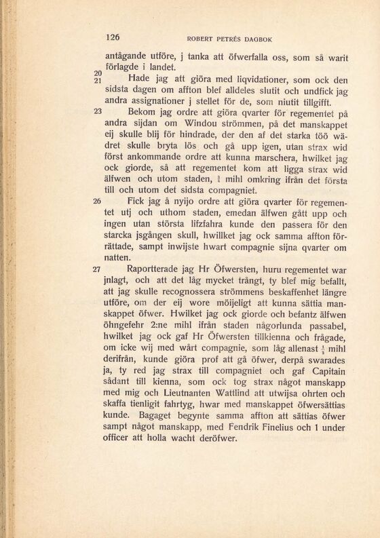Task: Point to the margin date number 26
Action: pos(96,201)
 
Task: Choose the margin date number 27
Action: pos(96,269)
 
